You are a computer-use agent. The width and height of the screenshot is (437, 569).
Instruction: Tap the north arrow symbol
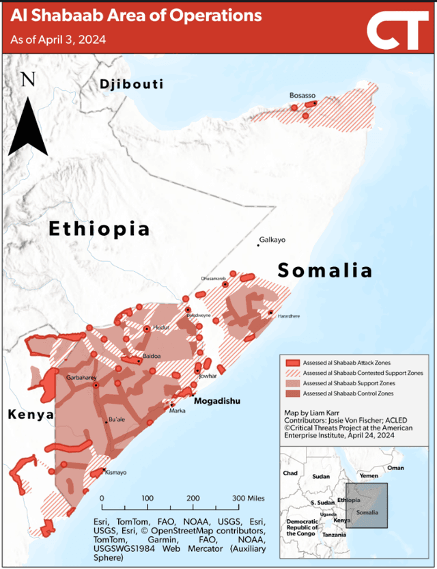(28, 116)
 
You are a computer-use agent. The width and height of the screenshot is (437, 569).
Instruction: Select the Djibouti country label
(131, 85)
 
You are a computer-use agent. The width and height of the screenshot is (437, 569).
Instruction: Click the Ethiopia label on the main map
(99, 228)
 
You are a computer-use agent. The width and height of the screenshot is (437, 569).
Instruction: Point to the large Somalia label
(325, 270)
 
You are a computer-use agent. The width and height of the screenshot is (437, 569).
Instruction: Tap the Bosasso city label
(302, 95)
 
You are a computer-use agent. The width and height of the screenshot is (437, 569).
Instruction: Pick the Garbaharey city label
(81, 377)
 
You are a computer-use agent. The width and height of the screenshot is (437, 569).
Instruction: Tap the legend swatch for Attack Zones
(292, 363)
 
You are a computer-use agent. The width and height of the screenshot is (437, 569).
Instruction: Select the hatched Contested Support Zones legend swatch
(292, 373)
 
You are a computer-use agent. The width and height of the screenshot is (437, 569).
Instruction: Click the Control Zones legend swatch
(292, 393)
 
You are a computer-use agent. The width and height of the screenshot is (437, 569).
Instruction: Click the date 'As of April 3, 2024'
(58, 40)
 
